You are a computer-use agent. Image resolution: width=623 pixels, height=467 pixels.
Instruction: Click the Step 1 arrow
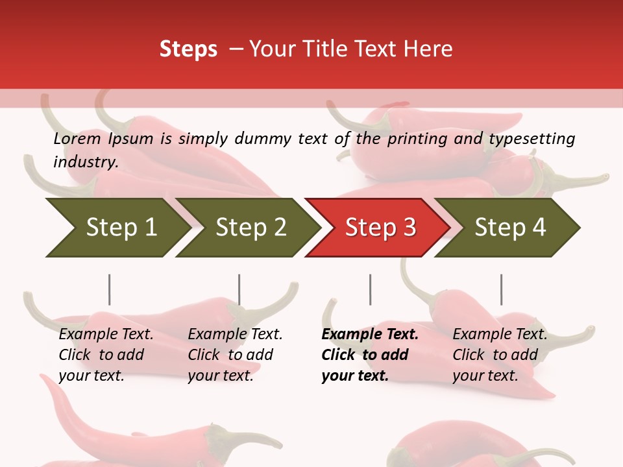117,227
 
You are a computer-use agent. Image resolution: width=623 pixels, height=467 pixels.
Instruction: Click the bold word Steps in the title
188,49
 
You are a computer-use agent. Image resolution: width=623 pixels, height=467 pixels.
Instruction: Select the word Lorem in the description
77,138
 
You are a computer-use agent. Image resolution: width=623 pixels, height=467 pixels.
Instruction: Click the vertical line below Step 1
109,289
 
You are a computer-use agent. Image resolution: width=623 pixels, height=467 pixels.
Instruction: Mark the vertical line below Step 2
239,289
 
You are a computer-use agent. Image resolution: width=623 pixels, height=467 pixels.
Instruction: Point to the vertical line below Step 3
370,289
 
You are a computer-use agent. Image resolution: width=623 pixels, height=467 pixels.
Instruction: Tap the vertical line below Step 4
501,289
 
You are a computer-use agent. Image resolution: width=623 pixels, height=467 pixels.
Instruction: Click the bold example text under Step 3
369,355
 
